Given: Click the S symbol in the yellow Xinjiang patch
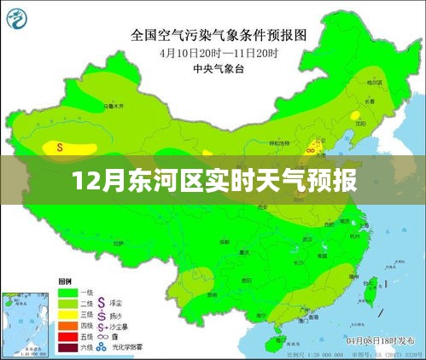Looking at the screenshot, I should coord(60,146).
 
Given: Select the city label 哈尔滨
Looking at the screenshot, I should coord(371,83).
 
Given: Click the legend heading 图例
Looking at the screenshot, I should coord(64,280).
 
